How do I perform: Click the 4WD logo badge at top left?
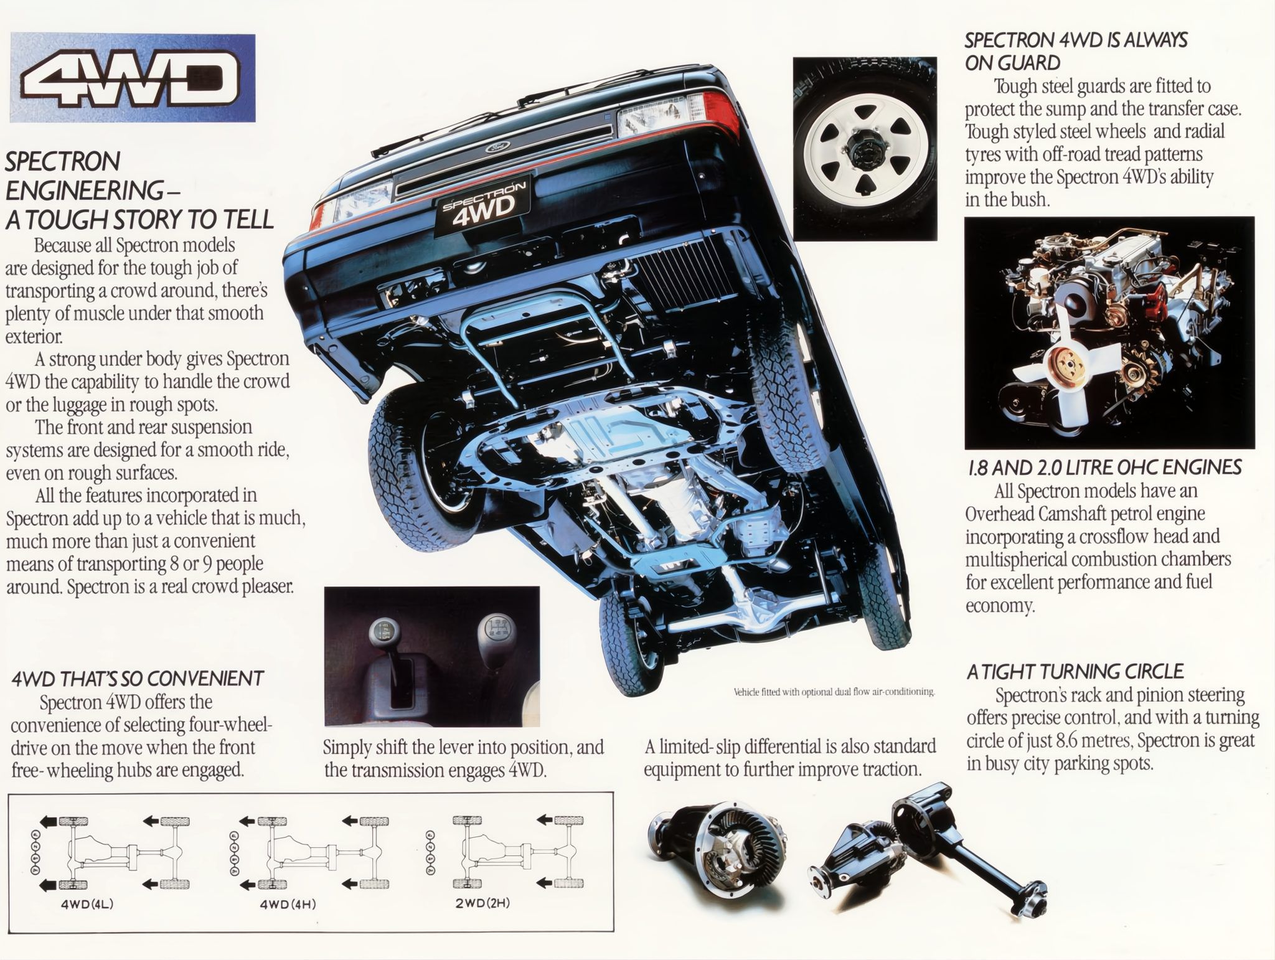click(132, 78)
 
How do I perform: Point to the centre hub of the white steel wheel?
click(863, 148)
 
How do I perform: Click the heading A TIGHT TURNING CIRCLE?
click(1075, 672)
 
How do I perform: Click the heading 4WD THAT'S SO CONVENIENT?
click(138, 678)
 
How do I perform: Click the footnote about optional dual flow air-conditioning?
click(834, 692)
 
